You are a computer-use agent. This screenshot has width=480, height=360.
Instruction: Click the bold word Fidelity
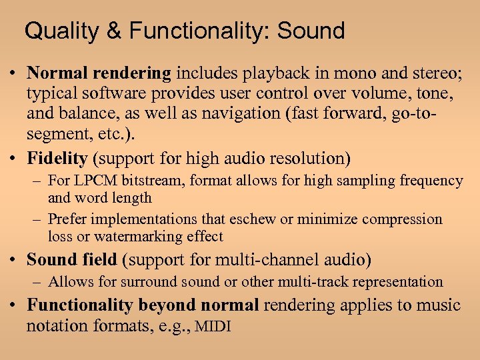click(57, 159)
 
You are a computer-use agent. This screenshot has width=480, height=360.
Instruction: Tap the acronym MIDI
click(213, 326)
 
